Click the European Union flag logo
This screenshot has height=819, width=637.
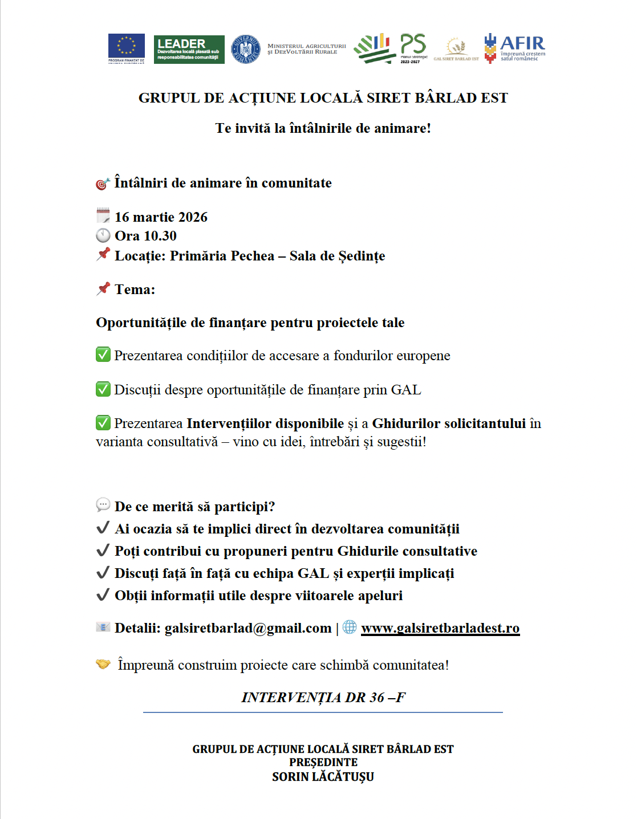click(x=126, y=48)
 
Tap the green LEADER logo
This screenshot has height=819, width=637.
click(x=189, y=50)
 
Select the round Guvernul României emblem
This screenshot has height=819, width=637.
click(x=246, y=49)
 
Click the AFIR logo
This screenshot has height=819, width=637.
click(x=514, y=48)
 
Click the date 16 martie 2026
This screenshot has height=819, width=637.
click(x=161, y=217)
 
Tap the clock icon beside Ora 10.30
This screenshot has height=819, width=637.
click(x=103, y=235)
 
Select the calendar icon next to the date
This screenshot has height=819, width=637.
click(x=103, y=216)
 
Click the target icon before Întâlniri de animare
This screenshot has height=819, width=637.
click(x=103, y=183)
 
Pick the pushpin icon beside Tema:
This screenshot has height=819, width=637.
click(x=103, y=288)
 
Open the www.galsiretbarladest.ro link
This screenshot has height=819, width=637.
click(x=440, y=628)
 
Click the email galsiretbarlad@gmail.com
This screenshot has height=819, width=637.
click(x=248, y=628)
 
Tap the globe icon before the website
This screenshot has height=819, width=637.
click(x=350, y=627)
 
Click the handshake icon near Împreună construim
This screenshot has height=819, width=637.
click(x=103, y=664)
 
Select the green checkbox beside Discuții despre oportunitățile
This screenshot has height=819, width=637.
click(x=103, y=389)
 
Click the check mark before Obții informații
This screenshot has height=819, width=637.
click(x=103, y=595)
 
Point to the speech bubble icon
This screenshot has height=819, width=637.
click(x=103, y=505)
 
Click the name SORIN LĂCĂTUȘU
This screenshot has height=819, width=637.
click(x=323, y=777)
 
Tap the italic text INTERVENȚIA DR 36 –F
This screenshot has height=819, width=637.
click(x=323, y=698)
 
